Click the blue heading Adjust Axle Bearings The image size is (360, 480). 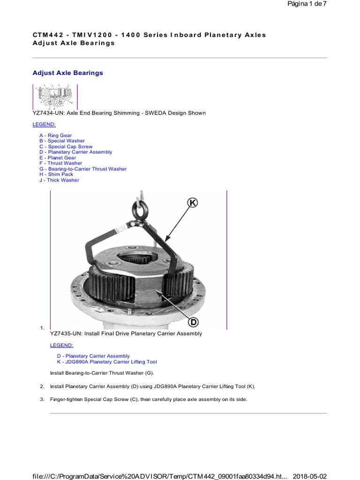tap(67, 73)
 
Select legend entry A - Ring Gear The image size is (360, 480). tap(55, 135)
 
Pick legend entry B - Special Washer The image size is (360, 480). tap(62, 141)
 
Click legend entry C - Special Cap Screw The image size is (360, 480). tap(66, 147)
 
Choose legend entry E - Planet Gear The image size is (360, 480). tap(57, 158)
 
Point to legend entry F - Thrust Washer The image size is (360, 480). tap(60, 164)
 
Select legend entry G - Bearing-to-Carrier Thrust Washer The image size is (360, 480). tap(83, 169)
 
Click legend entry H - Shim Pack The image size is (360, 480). tap(56, 174)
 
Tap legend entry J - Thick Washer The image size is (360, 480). tap(59, 180)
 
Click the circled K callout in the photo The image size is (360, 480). tap(193, 202)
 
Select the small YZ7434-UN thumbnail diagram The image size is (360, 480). tap(55, 97)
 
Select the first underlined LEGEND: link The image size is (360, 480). tap(44, 124)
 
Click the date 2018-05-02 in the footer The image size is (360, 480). tap(310, 476)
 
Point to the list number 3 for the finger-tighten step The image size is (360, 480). tap(42, 399)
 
